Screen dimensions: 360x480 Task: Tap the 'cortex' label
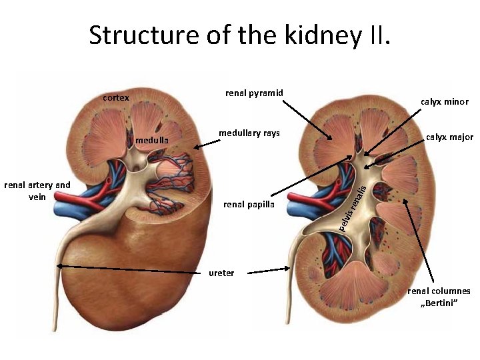point(116,98)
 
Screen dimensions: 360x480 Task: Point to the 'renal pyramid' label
point(254,93)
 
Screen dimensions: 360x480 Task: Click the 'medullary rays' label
point(249,133)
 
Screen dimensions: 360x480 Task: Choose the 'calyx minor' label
point(445,102)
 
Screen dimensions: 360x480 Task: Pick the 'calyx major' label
point(449,137)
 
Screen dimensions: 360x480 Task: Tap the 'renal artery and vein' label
point(37,190)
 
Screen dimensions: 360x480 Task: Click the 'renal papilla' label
point(249,204)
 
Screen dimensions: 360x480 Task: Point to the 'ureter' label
point(221,273)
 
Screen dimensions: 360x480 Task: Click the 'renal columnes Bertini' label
point(439,297)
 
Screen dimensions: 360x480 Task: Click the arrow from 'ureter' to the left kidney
point(133,269)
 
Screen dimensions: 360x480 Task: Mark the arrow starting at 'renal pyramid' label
point(308,120)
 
